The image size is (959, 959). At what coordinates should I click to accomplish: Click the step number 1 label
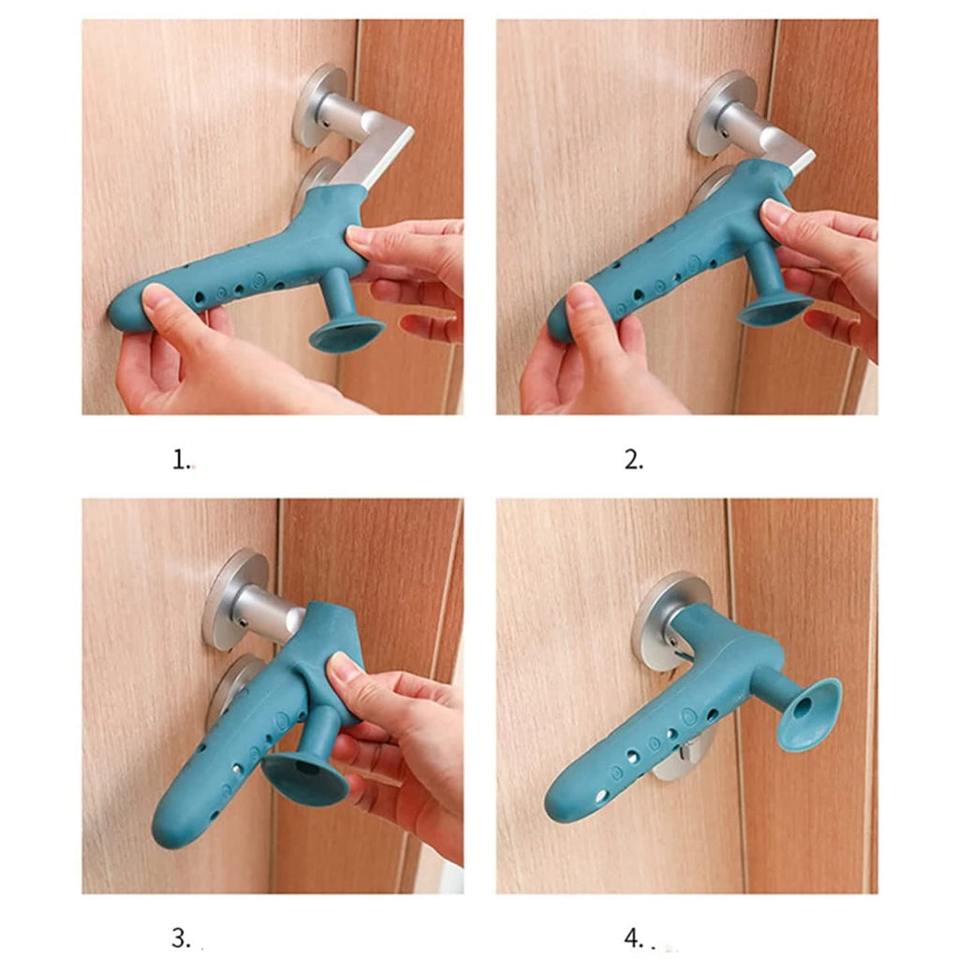click(x=181, y=460)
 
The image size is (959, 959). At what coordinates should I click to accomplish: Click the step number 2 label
click(x=633, y=460)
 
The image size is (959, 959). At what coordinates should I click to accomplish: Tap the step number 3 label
click(x=181, y=937)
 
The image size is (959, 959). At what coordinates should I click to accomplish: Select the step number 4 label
click(x=633, y=937)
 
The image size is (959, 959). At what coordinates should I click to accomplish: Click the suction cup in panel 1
click(x=347, y=332)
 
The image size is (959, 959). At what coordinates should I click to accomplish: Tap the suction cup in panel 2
click(x=774, y=307)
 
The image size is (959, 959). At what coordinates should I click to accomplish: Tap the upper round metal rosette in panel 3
click(x=236, y=598)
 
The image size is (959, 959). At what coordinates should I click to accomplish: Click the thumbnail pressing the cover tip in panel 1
click(x=157, y=302)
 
